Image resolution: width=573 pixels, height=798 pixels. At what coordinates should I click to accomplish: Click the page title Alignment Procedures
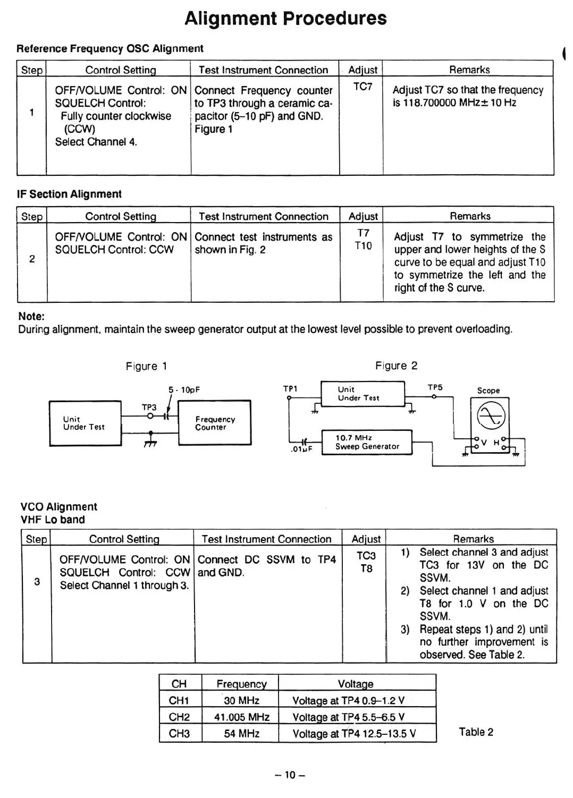[x=285, y=19]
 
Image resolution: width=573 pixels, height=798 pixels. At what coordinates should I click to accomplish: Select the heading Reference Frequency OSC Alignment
[x=110, y=49]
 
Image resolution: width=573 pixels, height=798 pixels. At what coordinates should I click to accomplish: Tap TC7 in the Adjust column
[x=363, y=87]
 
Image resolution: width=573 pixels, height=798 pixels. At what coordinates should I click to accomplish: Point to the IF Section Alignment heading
[x=69, y=194]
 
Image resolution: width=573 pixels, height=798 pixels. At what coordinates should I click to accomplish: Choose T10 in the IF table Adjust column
[x=363, y=246]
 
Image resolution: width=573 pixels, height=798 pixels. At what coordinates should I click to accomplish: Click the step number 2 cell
[x=32, y=259]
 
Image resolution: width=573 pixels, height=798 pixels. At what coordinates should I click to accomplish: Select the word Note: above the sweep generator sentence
[x=31, y=317]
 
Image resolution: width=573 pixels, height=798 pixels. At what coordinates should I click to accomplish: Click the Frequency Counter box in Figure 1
[x=214, y=423]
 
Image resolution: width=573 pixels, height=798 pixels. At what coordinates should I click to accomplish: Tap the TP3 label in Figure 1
[x=149, y=408]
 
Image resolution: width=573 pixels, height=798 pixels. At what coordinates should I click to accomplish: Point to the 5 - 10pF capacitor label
[x=184, y=390]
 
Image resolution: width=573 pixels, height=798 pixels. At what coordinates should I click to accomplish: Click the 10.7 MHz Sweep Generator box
[x=367, y=442]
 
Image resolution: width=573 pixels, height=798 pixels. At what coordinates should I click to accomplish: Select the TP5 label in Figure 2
[x=435, y=388]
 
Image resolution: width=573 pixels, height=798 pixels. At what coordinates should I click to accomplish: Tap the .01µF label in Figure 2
[x=301, y=449]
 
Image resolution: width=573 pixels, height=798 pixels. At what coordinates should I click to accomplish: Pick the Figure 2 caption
[x=396, y=366]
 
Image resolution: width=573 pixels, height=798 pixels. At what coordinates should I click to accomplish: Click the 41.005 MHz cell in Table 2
[x=241, y=717]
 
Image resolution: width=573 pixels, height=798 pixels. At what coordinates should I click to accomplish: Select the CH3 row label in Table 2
[x=179, y=734]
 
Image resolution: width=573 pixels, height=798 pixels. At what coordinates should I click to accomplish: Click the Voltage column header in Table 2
[x=356, y=684]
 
